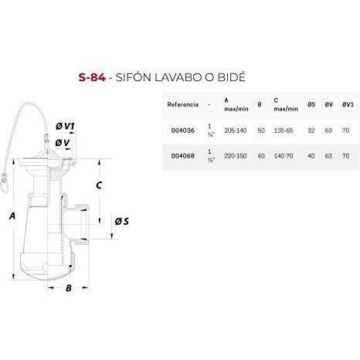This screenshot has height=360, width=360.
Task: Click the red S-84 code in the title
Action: point(92,77)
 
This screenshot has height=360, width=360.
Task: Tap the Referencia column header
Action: point(183,104)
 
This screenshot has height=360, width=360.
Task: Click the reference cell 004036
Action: point(183,131)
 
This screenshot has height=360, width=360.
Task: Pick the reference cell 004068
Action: point(183,156)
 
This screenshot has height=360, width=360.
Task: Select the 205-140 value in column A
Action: point(236,131)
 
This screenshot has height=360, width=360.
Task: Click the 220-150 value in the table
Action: point(236,156)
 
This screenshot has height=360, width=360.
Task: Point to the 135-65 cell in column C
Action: point(284,131)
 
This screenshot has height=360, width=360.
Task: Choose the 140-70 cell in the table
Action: point(284,156)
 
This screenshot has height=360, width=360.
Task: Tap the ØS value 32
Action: point(311,131)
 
